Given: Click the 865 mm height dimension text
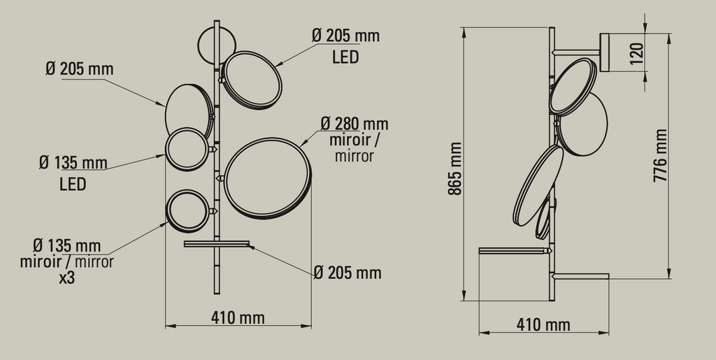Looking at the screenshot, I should (x=455, y=168).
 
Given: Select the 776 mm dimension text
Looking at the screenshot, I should (x=660, y=159).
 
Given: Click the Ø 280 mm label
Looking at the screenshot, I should (x=355, y=124).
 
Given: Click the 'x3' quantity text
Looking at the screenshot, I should (x=67, y=278).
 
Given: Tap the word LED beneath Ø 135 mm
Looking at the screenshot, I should (x=72, y=185).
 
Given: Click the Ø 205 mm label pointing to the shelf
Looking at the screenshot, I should (x=348, y=273).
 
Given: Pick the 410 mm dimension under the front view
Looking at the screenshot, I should (x=238, y=318).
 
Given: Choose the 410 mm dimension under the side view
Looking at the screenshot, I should (x=543, y=325).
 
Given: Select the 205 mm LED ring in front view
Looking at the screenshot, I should (x=252, y=80).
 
